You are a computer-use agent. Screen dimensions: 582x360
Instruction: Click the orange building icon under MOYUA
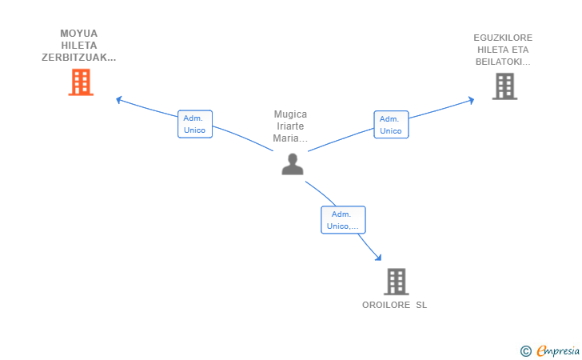tap(81, 82)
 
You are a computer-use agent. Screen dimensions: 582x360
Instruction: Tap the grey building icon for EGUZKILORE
tap(504, 86)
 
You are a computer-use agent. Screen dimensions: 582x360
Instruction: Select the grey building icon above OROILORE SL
tap(396, 282)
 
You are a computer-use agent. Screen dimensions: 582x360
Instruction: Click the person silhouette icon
tap(293, 164)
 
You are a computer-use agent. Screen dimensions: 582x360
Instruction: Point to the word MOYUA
tap(78, 34)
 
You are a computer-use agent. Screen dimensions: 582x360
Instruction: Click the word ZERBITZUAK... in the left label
tap(78, 58)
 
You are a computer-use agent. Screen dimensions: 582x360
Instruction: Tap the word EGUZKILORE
tap(503, 38)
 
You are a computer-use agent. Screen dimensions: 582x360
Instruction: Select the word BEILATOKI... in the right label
tap(503, 62)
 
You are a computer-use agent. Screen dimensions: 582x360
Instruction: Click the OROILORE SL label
tap(395, 305)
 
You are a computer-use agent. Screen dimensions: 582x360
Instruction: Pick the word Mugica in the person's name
tap(290, 114)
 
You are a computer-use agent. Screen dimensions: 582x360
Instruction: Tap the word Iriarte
tap(290, 126)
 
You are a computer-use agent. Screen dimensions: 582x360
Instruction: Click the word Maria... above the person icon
tap(290, 138)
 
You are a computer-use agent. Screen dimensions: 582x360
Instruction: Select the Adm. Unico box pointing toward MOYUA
tap(195, 124)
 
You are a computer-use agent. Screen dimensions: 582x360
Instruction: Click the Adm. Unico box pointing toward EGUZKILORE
tap(391, 125)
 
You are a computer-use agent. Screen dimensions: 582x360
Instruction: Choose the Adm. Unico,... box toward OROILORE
tap(343, 220)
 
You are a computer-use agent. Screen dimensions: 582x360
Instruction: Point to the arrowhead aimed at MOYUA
tap(119, 99)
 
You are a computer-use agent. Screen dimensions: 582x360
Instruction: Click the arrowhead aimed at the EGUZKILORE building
tap(472, 100)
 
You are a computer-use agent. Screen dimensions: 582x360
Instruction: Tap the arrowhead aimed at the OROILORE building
tap(379, 258)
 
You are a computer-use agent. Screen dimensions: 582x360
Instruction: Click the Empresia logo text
tap(558, 350)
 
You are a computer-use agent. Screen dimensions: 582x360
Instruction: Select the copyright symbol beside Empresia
tap(526, 351)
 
